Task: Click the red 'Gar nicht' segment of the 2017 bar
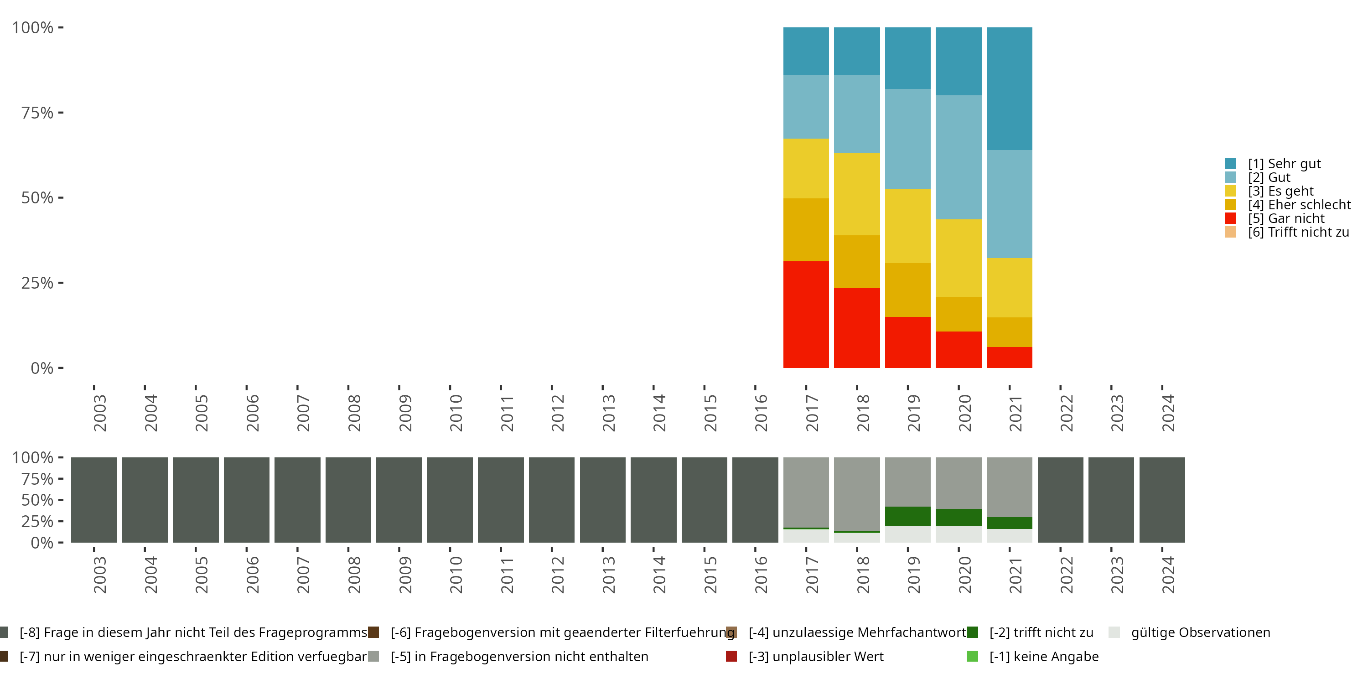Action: click(806, 314)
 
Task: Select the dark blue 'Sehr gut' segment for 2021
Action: click(1009, 88)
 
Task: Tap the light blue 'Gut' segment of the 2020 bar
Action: click(958, 157)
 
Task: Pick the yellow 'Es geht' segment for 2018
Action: click(856, 194)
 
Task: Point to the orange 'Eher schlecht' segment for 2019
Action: click(907, 290)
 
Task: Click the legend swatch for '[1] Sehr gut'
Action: click(1230, 164)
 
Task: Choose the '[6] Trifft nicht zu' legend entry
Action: click(1298, 232)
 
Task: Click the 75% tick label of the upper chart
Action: click(37, 113)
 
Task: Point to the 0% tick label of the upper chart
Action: click(42, 368)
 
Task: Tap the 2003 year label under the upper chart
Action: click(100, 413)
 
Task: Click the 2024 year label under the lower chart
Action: click(1168, 575)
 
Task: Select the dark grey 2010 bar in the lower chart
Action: click(450, 500)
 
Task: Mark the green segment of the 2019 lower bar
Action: click(907, 516)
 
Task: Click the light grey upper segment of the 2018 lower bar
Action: click(856, 494)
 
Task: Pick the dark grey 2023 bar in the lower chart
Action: click(1111, 500)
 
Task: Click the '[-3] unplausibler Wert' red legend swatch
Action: click(731, 656)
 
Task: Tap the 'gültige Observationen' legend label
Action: click(1200, 632)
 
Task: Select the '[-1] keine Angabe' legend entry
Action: click(1043, 656)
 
